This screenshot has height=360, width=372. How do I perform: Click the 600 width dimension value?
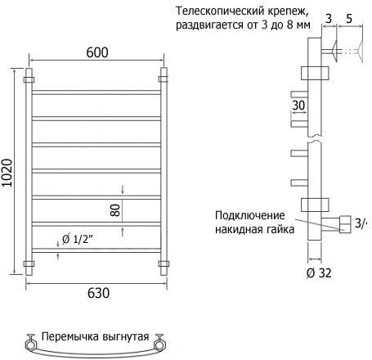coord(97,52)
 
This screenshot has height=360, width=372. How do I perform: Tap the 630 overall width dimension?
coord(98,293)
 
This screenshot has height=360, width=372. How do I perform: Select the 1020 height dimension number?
coord(7,173)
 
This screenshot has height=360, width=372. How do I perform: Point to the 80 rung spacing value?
coord(115,210)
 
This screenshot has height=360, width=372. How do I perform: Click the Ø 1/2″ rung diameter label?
coord(78,239)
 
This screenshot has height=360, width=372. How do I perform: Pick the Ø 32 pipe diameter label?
coord(319,272)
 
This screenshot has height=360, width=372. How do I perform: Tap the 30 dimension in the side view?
coord(298,106)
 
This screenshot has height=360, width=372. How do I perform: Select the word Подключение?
coord(250,215)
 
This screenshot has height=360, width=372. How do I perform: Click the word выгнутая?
coord(126,337)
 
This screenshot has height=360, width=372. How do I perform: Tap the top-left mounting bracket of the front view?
coord(29,80)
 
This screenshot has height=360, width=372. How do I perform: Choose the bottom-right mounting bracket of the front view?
coord(164,263)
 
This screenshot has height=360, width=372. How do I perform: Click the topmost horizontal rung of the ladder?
coord(96,92)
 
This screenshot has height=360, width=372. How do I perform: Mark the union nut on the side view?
coord(345,224)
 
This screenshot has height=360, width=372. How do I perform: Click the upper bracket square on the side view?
coord(315,73)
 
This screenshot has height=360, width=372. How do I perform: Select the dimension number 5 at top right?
coord(349,19)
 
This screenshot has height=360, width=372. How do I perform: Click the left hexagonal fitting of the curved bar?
coord(30,345)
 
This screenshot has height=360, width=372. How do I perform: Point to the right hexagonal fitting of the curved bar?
coord(159,345)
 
